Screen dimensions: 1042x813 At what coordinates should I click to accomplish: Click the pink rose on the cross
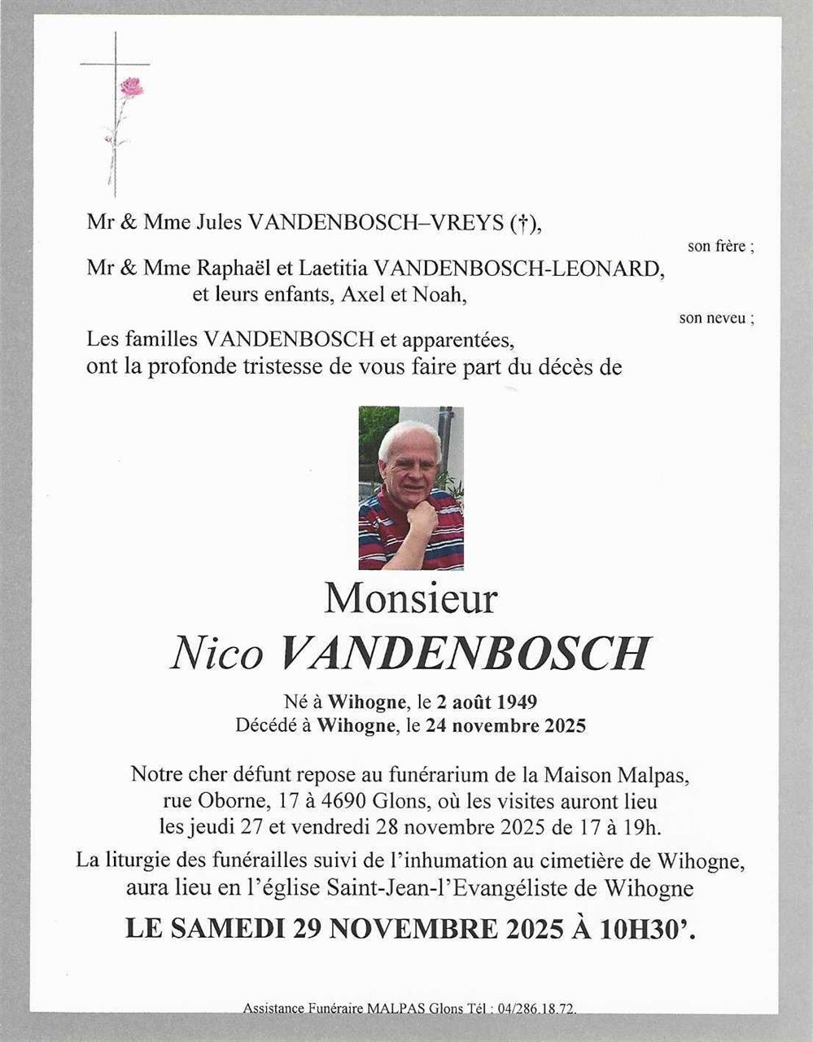click(131, 86)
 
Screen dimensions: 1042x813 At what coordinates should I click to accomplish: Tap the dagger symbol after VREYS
click(524, 223)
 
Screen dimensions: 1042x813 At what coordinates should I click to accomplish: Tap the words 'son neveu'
click(714, 318)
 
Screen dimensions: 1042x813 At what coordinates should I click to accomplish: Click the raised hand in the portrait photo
click(422, 516)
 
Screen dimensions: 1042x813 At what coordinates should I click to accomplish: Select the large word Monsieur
click(410, 599)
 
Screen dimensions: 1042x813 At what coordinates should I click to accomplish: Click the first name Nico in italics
click(216, 653)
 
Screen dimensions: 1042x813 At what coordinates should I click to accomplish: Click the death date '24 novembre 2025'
click(505, 725)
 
